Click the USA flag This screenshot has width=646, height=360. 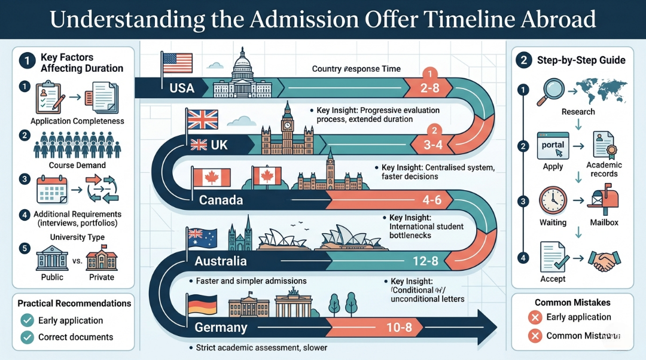coord(178,63)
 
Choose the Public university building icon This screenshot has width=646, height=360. coord(53,258)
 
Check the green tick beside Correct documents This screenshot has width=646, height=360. coord(27,337)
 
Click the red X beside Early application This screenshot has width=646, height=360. coord(535,317)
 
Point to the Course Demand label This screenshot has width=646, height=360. coord(77,165)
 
